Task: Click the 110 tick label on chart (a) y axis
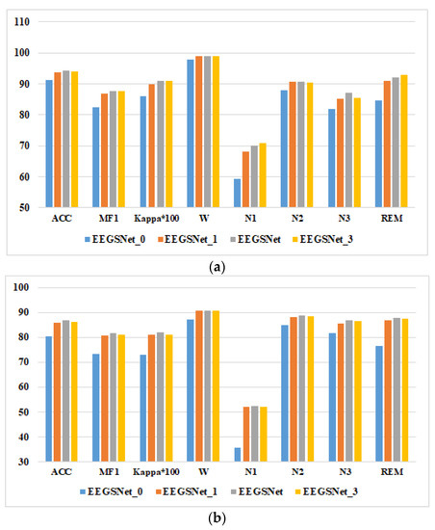pos(21,21)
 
